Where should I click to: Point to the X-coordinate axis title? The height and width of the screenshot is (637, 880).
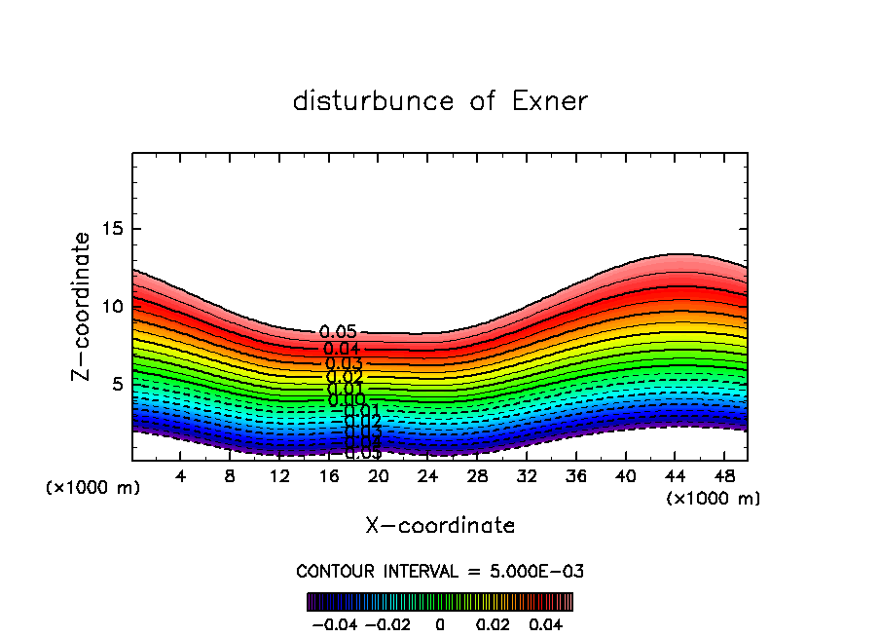coord(440,526)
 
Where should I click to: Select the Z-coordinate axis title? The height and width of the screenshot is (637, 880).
coord(82,306)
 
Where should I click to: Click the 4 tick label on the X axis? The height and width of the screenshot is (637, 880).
coord(181,476)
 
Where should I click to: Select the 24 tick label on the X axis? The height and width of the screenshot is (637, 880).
coord(427,476)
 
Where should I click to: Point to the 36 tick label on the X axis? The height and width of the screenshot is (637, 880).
coord(576,476)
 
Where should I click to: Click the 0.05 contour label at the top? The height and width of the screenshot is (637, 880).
coord(338,333)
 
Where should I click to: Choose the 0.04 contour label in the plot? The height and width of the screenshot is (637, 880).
coord(343,349)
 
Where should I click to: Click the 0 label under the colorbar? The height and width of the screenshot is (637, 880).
coord(440,622)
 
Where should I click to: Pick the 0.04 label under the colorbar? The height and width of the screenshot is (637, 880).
coord(545,622)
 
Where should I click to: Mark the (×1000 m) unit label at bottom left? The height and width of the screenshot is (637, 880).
coord(92,488)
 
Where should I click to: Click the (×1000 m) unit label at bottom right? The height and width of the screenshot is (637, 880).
coord(713,499)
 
